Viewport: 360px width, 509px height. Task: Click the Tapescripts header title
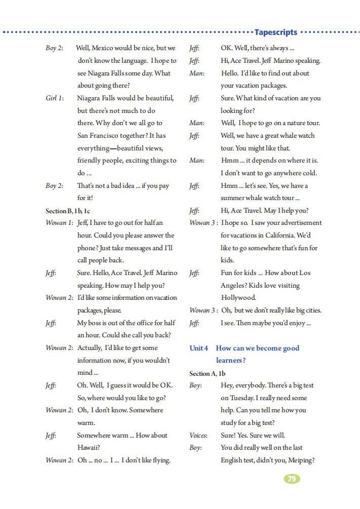click(276, 32)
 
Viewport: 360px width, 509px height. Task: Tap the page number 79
click(291, 479)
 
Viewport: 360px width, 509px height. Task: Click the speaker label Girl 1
click(54, 98)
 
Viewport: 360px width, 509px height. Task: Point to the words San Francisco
click(101, 136)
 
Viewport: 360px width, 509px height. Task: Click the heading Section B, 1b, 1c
click(68, 211)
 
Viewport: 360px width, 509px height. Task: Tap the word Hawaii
click(88, 448)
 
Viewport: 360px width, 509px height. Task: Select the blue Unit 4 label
click(198, 348)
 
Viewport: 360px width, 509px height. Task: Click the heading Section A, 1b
click(207, 373)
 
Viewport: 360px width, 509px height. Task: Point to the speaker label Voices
click(198, 436)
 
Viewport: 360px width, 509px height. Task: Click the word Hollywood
click(238, 298)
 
